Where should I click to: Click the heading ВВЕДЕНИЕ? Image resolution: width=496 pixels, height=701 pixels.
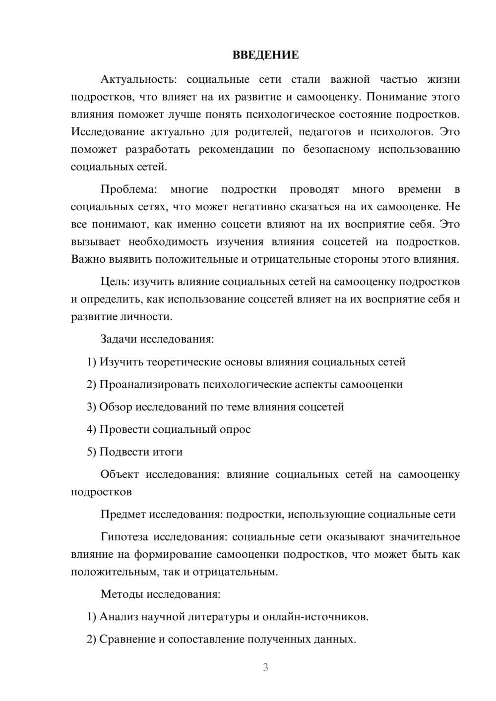coord(265,55)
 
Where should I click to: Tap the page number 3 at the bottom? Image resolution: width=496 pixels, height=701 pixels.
coord(265,667)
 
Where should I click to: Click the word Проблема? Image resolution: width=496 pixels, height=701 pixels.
coord(129,189)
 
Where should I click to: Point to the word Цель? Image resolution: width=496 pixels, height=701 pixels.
coord(115,282)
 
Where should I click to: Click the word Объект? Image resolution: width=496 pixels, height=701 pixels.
coord(120,474)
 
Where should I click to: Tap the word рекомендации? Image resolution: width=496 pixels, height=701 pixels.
coord(236,149)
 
